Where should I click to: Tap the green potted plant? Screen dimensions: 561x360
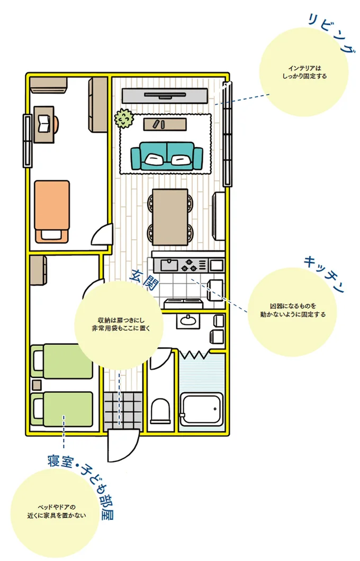pos(124,118)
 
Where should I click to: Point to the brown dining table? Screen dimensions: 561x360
pos(170,217)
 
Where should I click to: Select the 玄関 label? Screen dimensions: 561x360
pos(143,281)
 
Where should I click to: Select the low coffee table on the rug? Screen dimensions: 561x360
pos(166,124)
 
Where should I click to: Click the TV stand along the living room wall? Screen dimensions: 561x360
pos(164,96)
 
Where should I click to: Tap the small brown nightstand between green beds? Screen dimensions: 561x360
pos(36,384)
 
